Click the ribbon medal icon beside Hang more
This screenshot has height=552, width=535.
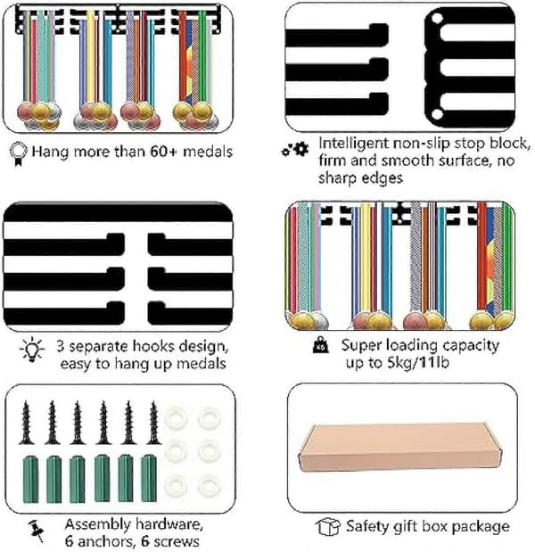pos(19,154)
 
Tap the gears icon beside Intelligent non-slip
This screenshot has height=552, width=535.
pos(295,150)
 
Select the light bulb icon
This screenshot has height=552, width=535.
pos(32,349)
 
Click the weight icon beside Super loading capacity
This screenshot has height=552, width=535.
pos(321,345)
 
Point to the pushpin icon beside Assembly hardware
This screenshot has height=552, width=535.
pos(37,531)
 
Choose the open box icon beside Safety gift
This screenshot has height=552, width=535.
pos(328,527)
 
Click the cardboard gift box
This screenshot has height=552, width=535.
pos(400,448)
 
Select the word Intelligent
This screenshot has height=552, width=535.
pos(353,144)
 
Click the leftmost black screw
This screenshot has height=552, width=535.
pos(26,423)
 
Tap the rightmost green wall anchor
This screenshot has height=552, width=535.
pos(149,478)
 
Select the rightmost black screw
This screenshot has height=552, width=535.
pos(153,423)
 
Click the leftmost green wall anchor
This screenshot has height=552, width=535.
pos(31,479)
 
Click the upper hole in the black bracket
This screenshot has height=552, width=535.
pos(437,18)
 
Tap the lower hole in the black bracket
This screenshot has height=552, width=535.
pos(437,114)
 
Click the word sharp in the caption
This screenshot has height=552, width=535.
pos(338,179)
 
